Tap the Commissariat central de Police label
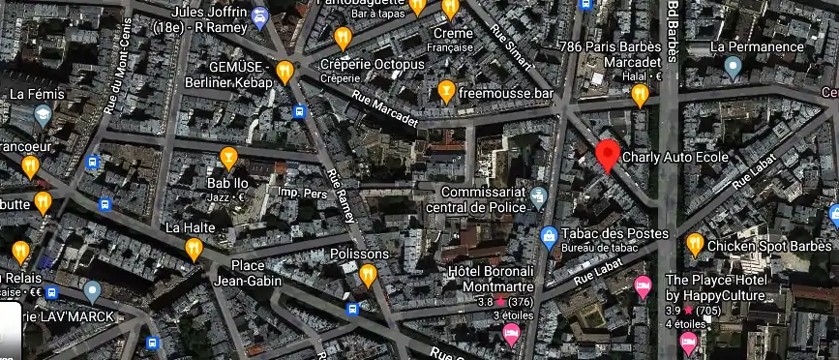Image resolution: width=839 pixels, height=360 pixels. [x=481, y=198]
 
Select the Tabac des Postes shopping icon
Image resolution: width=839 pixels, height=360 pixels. [x=549, y=235]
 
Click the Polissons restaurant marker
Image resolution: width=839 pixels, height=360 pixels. [x=368, y=276]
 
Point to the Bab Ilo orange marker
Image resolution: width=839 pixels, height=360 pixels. [x=228, y=157]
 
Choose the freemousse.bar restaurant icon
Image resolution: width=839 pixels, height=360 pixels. [x=446, y=92]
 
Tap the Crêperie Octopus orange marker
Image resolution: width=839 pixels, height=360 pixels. [x=342, y=39]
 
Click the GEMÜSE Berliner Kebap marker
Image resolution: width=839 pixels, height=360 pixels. [x=285, y=72]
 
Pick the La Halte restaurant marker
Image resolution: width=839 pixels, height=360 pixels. [x=194, y=250]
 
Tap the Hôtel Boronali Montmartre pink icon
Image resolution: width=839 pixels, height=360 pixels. [x=511, y=335]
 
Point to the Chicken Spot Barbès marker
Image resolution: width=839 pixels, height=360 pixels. [x=695, y=244]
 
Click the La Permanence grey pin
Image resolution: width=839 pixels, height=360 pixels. [x=734, y=67]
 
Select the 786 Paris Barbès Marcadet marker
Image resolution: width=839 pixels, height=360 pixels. [x=640, y=95]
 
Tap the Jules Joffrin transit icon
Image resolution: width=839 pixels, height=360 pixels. [x=259, y=16]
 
